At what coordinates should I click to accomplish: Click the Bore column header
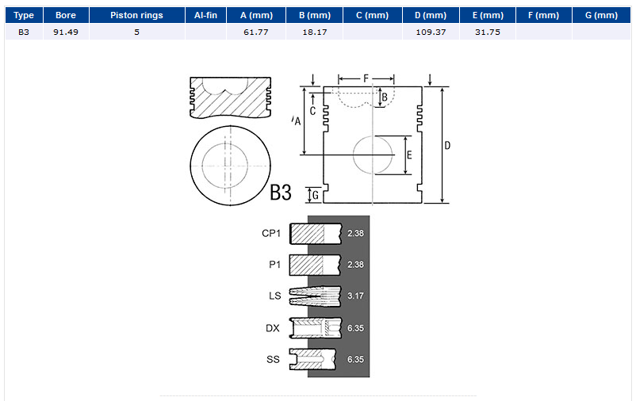pyautogui.click(x=66, y=15)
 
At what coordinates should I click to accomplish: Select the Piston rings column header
pyautogui.click(x=136, y=15)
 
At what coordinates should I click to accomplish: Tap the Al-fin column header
pyautogui.click(x=205, y=15)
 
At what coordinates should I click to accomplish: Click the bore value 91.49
pyautogui.click(x=66, y=32)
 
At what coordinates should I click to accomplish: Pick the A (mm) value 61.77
pyautogui.click(x=256, y=32)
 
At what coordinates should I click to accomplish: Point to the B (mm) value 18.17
pyautogui.click(x=314, y=32)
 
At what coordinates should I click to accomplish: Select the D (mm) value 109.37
pyautogui.click(x=431, y=32)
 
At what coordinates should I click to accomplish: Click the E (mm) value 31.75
pyautogui.click(x=488, y=32)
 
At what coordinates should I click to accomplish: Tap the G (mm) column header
pyautogui.click(x=601, y=15)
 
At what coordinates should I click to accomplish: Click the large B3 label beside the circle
pyautogui.click(x=281, y=193)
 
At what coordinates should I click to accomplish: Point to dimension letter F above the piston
pyautogui.click(x=366, y=78)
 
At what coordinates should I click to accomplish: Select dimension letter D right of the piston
pyautogui.click(x=447, y=146)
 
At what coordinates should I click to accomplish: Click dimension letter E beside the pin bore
pyautogui.click(x=409, y=155)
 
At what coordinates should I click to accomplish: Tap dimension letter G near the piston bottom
pyautogui.click(x=315, y=196)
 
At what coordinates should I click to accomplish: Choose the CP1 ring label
pyautogui.click(x=271, y=234)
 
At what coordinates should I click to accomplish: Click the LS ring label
pyautogui.click(x=274, y=296)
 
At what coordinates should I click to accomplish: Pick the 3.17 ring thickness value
pyautogui.click(x=355, y=296)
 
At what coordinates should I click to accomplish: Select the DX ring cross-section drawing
pyautogui.click(x=316, y=328)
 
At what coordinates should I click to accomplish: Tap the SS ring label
pyautogui.click(x=273, y=360)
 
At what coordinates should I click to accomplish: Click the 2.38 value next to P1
pyautogui.click(x=355, y=265)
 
